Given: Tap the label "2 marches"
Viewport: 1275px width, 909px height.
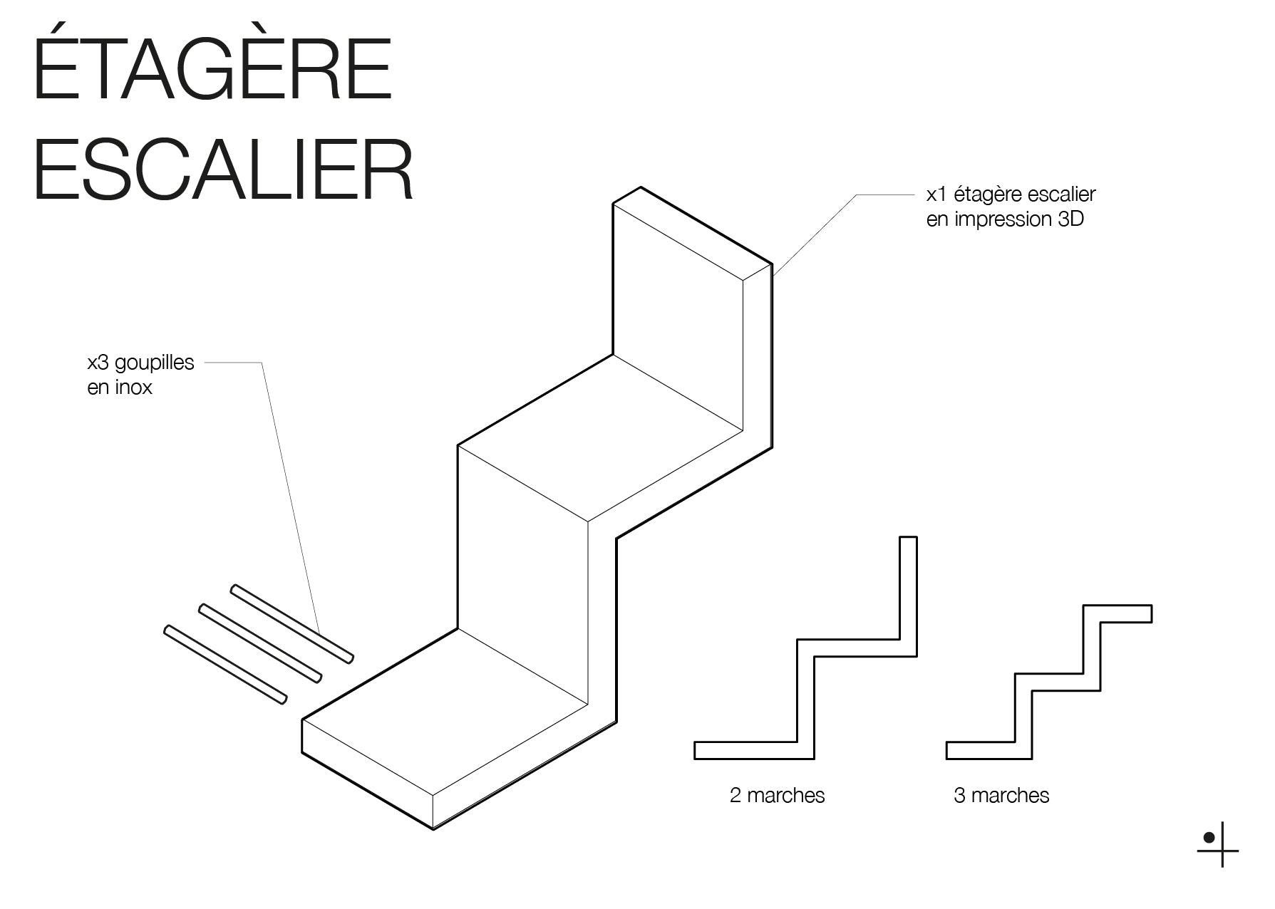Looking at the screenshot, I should click(x=777, y=795).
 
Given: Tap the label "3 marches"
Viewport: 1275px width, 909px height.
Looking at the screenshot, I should click(x=1001, y=795).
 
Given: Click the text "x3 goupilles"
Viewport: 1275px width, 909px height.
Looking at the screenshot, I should click(x=140, y=362).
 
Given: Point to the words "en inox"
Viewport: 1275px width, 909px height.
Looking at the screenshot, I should click(x=120, y=388).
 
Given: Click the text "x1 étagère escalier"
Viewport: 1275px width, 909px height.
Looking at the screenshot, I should click(x=1011, y=194).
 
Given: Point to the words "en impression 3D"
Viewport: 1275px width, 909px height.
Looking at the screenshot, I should click(x=1005, y=219).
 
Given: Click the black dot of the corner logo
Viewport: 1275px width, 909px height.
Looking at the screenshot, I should click(x=1209, y=838).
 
